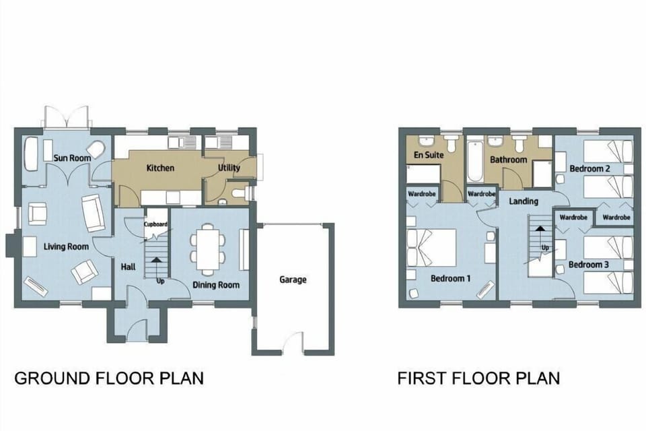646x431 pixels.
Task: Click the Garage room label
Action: (x=293, y=279)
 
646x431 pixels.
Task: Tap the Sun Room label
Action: (x=72, y=158)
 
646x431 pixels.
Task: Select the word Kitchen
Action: (x=160, y=168)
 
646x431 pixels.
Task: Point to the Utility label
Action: (x=229, y=168)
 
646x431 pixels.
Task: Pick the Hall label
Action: (x=128, y=267)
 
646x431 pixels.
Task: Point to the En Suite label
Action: (x=428, y=155)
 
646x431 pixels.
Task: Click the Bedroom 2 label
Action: (x=589, y=168)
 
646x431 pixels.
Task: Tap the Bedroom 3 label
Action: (x=589, y=265)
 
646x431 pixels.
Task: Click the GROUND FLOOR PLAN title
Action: (x=108, y=378)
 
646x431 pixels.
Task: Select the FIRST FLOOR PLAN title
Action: (x=478, y=378)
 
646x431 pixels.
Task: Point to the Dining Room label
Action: (x=216, y=285)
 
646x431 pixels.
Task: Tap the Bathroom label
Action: (x=508, y=160)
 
